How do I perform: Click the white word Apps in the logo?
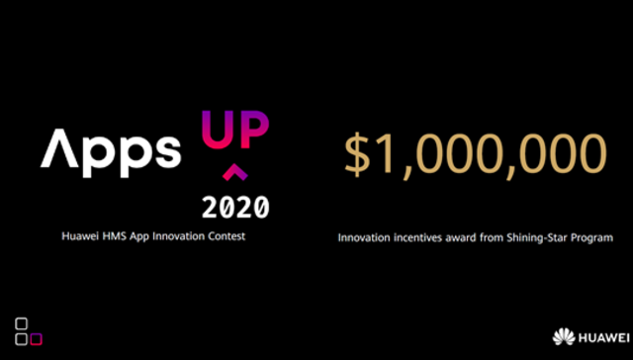click(x=111, y=149)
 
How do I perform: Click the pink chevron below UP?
click(x=233, y=174)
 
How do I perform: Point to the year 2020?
click(x=233, y=208)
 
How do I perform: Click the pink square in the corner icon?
click(x=37, y=339)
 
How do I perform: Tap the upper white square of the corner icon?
click(x=22, y=324)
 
